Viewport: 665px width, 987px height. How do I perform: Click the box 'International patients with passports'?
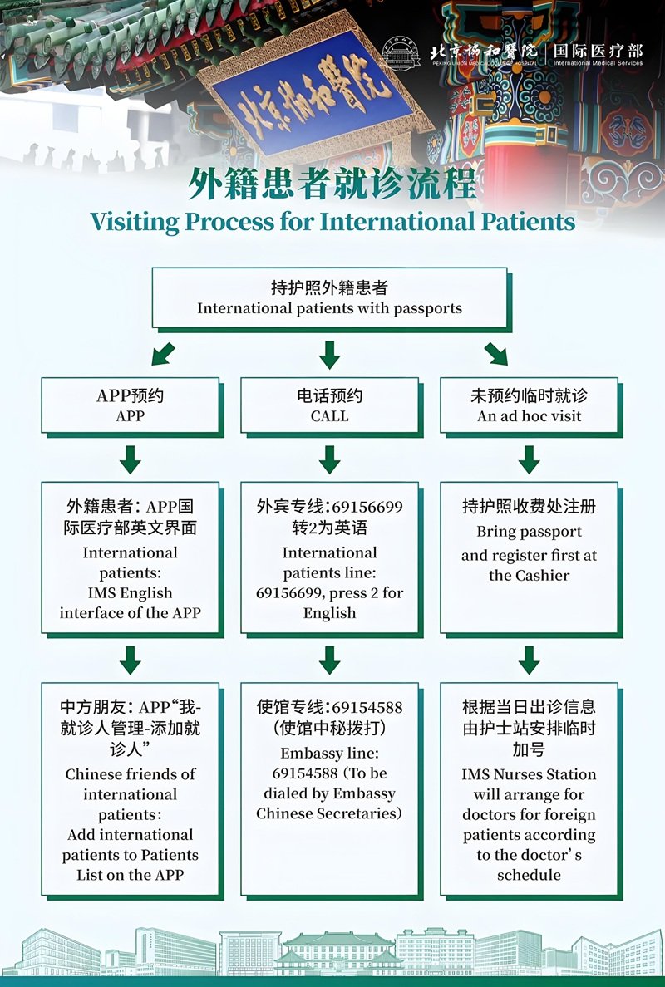click(x=330, y=298)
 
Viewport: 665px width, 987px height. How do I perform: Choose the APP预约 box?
click(x=131, y=405)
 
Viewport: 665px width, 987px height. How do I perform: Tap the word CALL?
click(x=329, y=416)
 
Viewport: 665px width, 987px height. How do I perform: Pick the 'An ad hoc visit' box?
click(x=530, y=405)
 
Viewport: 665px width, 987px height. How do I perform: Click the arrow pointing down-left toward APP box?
click(x=162, y=355)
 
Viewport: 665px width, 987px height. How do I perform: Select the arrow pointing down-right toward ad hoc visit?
click(x=497, y=355)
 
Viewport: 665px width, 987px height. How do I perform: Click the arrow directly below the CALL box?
click(x=330, y=459)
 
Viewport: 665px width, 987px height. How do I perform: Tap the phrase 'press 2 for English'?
click(x=349, y=603)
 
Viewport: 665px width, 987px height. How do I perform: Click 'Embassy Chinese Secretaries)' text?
click(x=329, y=813)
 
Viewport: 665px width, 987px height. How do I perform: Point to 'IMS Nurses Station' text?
click(x=530, y=774)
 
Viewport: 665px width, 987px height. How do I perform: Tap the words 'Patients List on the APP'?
click(x=131, y=864)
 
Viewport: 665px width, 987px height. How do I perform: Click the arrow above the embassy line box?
click(x=330, y=660)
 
